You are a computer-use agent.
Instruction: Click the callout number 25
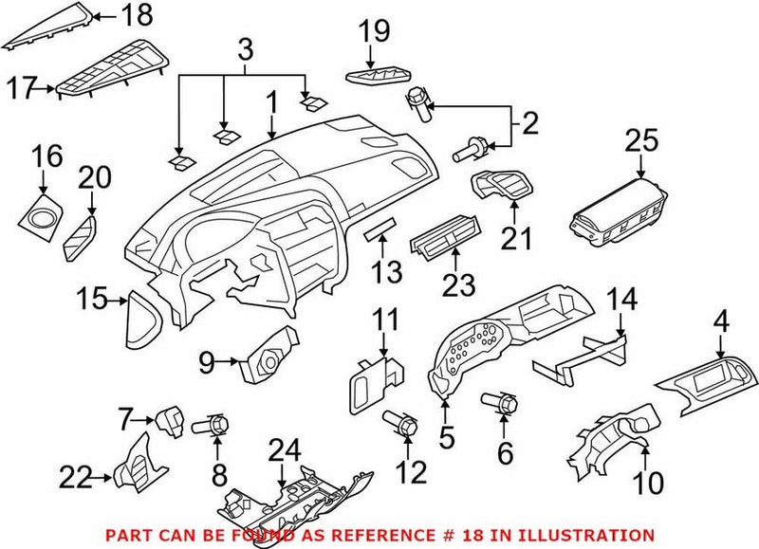(641, 141)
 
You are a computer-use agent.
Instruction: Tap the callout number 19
(375, 31)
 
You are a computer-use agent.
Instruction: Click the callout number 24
(283, 448)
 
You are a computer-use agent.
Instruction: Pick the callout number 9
(207, 359)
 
